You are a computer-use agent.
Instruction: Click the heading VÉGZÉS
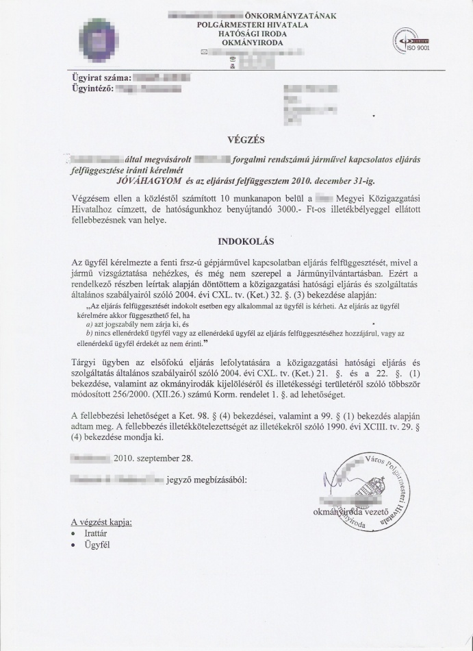click(x=236, y=140)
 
